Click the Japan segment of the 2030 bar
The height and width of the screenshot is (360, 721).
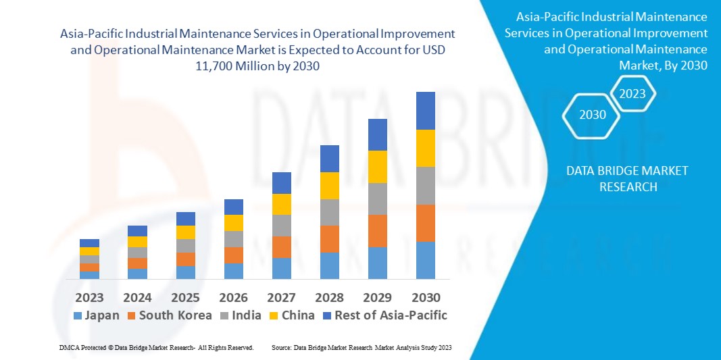pyautogui.click(x=425, y=260)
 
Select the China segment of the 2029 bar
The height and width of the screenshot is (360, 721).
pyautogui.click(x=377, y=166)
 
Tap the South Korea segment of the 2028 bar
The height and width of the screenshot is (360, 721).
pyautogui.click(x=329, y=238)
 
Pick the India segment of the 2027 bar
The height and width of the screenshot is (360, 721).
pyautogui.click(x=281, y=225)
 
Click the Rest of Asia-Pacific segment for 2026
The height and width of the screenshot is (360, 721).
pyautogui.click(x=234, y=207)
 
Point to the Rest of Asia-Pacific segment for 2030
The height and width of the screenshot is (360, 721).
pyautogui.click(x=425, y=110)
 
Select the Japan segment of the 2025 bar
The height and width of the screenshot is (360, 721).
pyautogui.click(x=186, y=272)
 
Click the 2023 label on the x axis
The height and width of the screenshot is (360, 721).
pyautogui.click(x=89, y=298)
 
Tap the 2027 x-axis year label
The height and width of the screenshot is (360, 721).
pyautogui.click(x=281, y=298)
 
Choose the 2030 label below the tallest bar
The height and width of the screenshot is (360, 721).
pyautogui.click(x=425, y=298)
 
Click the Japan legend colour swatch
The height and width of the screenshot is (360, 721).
pyautogui.click(x=77, y=315)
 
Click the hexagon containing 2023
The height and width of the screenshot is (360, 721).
pyautogui.click(x=632, y=94)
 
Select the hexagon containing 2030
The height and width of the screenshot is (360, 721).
pyautogui.click(x=593, y=115)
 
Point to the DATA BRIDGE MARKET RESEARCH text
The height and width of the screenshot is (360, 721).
pyautogui.click(x=628, y=179)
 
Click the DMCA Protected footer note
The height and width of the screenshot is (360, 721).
pyautogui.click(x=156, y=347)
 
